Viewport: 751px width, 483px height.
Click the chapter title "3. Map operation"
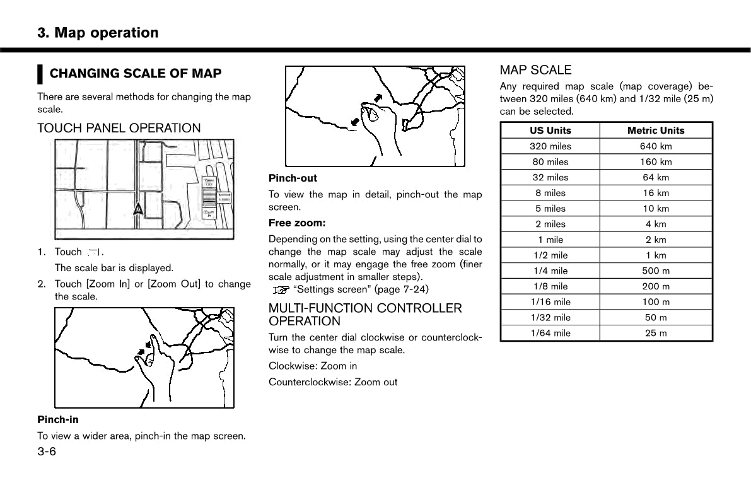(x=98, y=33)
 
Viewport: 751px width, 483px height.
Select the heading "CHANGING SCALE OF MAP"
(x=135, y=74)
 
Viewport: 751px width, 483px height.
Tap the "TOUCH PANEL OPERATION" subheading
(x=119, y=128)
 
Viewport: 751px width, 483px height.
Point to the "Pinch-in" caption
(x=57, y=419)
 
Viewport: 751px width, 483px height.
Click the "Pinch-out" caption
(x=293, y=178)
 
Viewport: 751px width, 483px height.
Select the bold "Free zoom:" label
(x=297, y=223)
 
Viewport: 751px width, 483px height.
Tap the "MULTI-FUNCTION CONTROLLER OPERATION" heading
(x=365, y=315)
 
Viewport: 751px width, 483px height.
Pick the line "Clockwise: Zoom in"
(x=312, y=366)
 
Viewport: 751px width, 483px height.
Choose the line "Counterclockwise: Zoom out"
(x=333, y=381)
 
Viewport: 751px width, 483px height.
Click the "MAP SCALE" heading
(x=535, y=70)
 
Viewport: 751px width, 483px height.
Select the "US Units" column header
(x=550, y=131)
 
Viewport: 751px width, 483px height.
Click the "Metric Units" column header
(x=655, y=131)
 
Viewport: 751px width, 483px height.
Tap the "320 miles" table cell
(x=550, y=146)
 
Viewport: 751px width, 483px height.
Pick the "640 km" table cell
(x=655, y=146)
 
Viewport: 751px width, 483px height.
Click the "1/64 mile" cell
(x=550, y=333)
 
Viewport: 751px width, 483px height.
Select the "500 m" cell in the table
(x=655, y=271)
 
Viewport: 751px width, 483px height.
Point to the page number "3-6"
(x=47, y=451)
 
